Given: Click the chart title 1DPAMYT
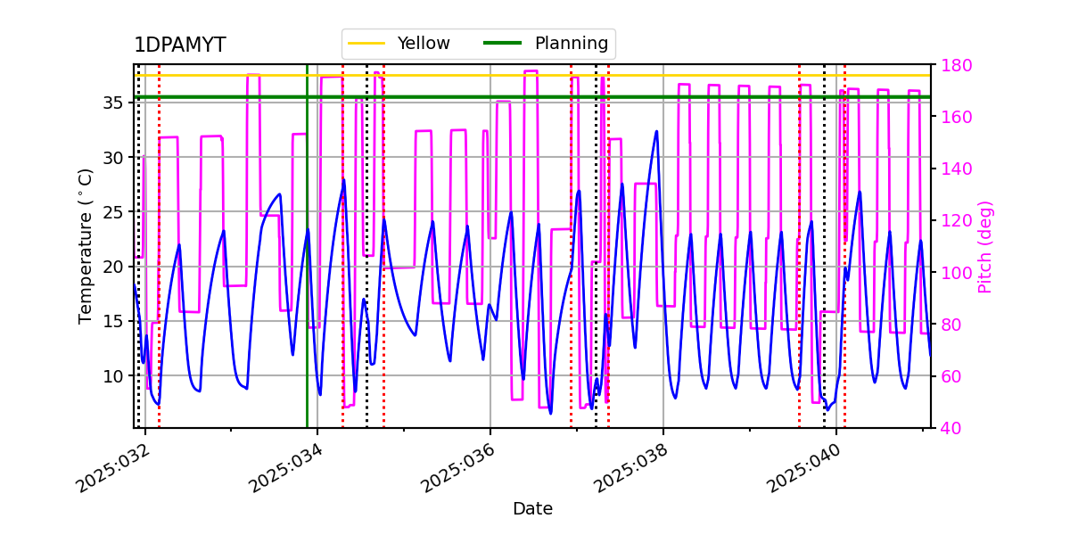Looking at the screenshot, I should pyautogui.click(x=179, y=45).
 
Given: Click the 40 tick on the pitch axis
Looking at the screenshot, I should pyautogui.click(x=951, y=428).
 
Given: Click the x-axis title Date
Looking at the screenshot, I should pyautogui.click(x=532, y=509).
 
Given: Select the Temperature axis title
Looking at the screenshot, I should pyautogui.click(x=86, y=246).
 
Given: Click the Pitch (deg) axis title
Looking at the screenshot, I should pyautogui.click(x=985, y=246).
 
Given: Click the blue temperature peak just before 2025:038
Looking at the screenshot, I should pyautogui.click(x=656, y=132).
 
